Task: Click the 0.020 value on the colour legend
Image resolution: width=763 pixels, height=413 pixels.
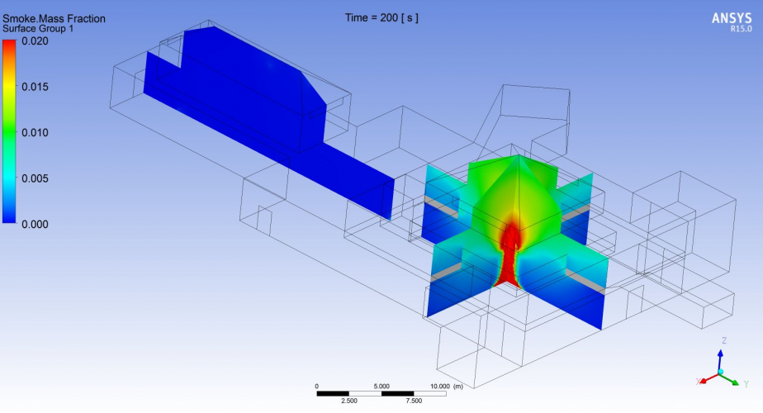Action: (x=35, y=41)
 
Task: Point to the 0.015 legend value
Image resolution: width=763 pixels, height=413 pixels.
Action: (x=35, y=87)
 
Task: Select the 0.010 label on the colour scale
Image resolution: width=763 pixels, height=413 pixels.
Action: (x=35, y=132)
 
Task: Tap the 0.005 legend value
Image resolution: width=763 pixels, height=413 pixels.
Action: (x=35, y=178)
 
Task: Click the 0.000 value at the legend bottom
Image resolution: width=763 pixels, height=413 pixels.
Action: (x=35, y=224)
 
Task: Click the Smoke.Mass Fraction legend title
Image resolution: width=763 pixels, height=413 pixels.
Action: (x=54, y=18)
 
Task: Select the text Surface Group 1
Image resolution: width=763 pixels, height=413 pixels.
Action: (x=38, y=29)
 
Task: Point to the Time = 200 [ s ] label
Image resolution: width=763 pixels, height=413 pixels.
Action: (x=381, y=17)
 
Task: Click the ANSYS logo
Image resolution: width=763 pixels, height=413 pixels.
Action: (x=732, y=18)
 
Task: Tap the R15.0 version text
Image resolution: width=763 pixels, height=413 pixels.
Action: (x=741, y=29)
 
